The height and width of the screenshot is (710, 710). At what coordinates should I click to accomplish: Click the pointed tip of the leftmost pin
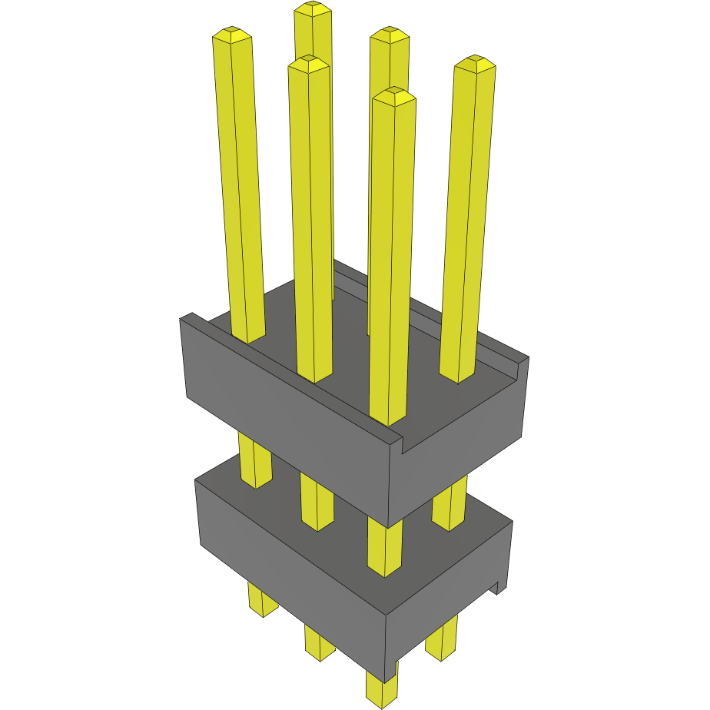pyautogui.click(x=231, y=34)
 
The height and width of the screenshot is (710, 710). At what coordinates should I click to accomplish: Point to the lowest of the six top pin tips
pyautogui.click(x=393, y=95)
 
